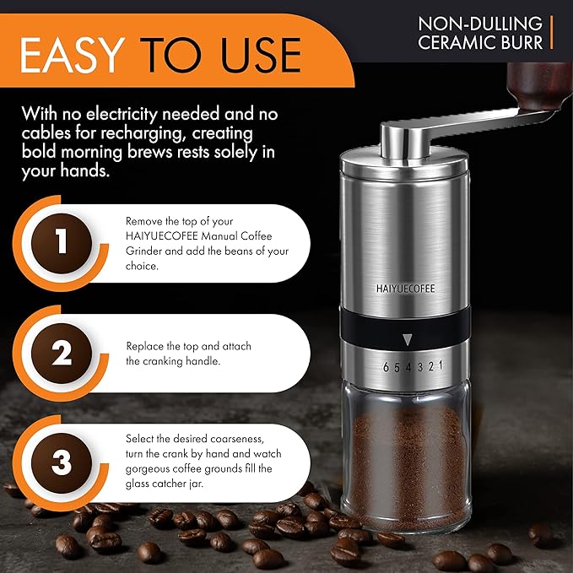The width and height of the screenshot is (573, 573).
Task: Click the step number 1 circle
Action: tap(61, 242)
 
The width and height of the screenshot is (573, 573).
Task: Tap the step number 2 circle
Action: tap(61, 354)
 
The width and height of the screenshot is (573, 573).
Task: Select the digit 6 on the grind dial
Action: tap(386, 367)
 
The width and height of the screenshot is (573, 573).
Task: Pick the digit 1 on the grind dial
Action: tap(440, 367)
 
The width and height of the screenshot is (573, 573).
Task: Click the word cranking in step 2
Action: tap(163, 360)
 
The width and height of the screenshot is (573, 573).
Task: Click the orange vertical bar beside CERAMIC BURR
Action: tap(551, 31)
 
